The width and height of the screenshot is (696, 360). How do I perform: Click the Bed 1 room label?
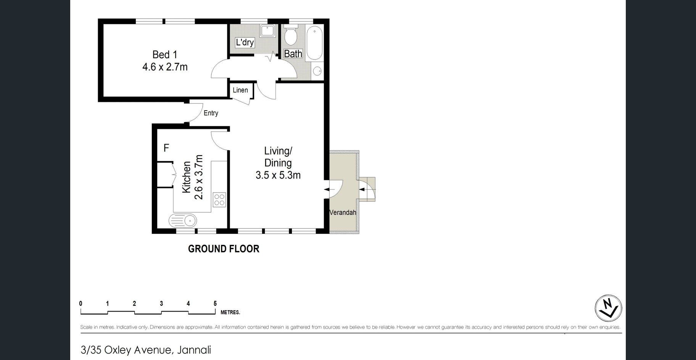click(165, 55)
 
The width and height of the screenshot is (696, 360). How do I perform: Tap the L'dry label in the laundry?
click(245, 42)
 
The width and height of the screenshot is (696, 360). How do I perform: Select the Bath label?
click(293, 54)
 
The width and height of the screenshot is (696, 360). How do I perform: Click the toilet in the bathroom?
click(291, 35)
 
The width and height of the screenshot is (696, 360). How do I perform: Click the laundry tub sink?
click(267, 31)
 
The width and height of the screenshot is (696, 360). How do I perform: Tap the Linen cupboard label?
click(240, 90)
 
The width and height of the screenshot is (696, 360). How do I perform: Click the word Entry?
click(211, 113)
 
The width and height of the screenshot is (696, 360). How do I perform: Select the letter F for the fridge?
click(166, 148)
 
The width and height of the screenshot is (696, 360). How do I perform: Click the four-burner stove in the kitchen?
click(219, 200)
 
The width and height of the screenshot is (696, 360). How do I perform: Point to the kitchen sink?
click(183, 220)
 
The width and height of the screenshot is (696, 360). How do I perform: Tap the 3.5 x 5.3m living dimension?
click(278, 175)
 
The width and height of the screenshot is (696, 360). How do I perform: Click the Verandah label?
click(343, 212)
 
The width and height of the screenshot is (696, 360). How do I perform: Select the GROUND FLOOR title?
click(224, 249)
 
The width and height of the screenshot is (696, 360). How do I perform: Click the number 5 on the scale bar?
click(215, 304)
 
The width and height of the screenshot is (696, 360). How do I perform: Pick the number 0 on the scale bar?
click(81, 304)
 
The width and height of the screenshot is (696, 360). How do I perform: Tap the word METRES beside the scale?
click(230, 313)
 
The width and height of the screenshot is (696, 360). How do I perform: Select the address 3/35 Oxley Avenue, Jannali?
click(146, 350)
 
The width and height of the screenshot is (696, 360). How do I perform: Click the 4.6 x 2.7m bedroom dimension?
click(165, 67)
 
